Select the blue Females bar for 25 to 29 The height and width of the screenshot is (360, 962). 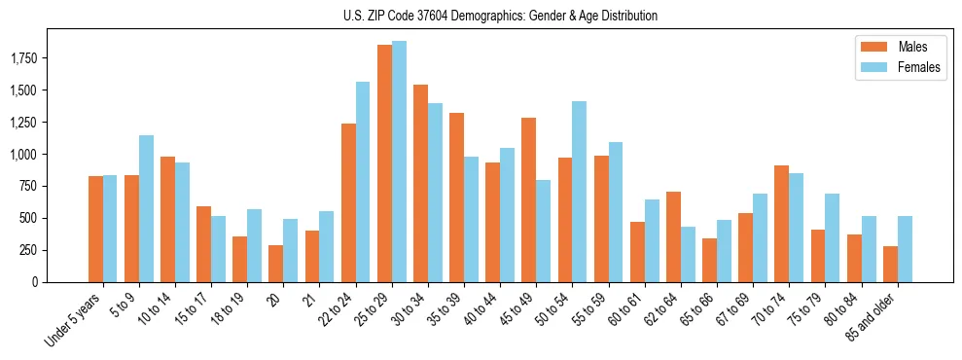click(x=399, y=162)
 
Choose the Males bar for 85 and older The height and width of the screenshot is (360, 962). click(x=890, y=264)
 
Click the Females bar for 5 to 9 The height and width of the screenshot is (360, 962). click(x=146, y=208)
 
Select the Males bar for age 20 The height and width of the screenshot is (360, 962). click(x=276, y=264)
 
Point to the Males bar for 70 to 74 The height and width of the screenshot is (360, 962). click(x=781, y=224)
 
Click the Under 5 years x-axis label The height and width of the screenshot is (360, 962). click(x=72, y=321)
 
